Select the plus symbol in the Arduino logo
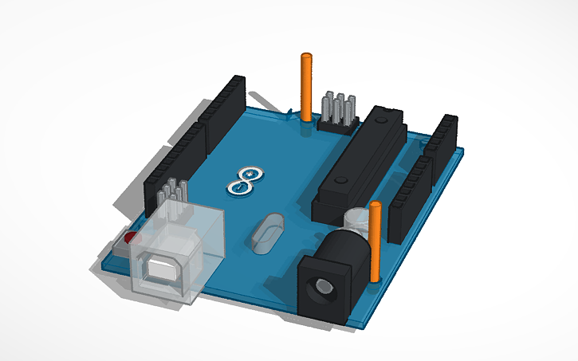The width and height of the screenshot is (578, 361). (253, 173)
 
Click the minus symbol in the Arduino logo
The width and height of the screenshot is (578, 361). (238, 187)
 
